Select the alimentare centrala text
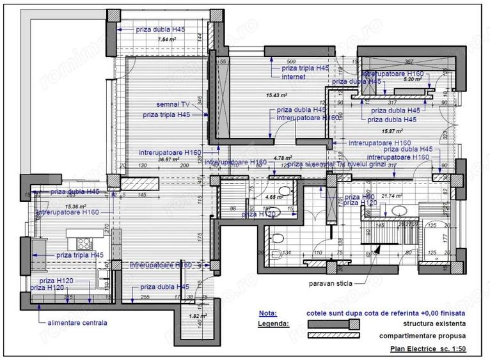click(77, 322)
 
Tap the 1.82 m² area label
click(198, 316)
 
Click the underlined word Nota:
click(269, 314)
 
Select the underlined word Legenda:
click(274, 324)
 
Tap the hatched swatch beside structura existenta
click(334, 324)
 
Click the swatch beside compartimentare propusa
click(334, 335)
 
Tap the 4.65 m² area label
click(274, 198)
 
